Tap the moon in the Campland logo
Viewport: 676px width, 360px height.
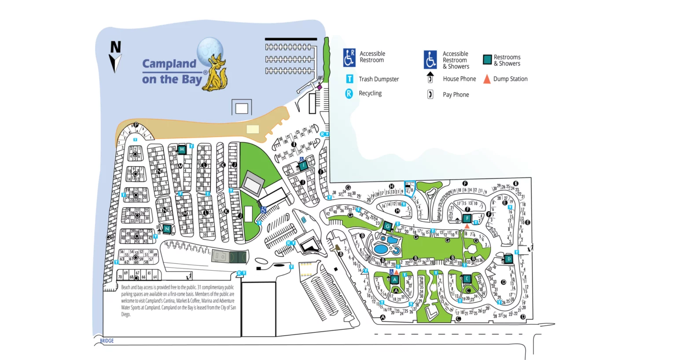210,50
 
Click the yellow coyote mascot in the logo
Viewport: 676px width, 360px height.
215,73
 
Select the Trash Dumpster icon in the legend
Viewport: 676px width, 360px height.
349,79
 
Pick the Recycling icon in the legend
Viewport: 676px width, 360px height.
349,93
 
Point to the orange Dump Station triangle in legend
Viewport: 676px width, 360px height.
487,79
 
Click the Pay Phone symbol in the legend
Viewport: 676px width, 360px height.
430,95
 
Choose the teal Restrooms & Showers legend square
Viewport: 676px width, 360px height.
487,60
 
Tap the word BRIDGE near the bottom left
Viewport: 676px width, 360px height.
107,341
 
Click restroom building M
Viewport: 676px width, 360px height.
181,150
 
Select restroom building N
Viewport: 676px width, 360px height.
167,229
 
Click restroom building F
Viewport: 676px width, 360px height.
467,218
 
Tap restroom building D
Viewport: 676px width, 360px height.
509,259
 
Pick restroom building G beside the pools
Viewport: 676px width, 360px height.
387,226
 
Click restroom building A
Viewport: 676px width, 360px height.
395,279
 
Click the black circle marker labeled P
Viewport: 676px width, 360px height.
136,125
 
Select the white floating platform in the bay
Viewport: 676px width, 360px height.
242,108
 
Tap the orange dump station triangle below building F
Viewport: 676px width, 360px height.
467,227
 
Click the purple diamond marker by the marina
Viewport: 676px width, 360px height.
320,87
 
